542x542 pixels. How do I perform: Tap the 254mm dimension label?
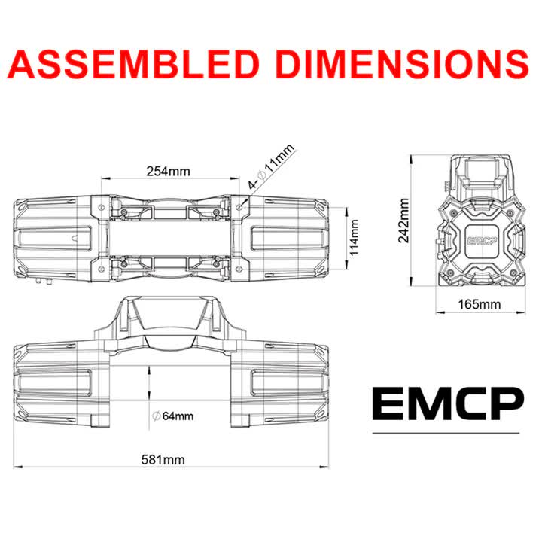click(168, 171)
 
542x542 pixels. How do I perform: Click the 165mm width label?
click(479, 304)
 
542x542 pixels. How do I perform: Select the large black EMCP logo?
click(446, 404)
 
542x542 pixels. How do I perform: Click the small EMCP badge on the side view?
click(480, 241)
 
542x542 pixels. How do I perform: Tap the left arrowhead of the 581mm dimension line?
click(19, 467)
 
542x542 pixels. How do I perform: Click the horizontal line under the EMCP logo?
click(446, 434)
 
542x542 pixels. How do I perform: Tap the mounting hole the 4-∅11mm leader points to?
click(239, 204)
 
